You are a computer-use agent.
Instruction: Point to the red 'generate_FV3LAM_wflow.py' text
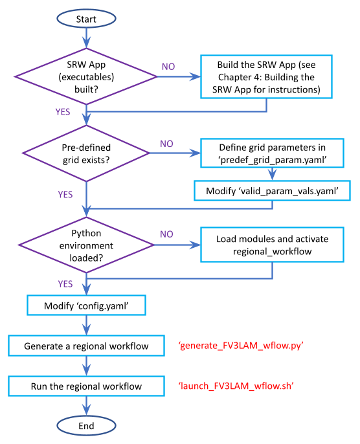(x=241, y=346)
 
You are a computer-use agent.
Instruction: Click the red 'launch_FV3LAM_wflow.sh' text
(x=236, y=386)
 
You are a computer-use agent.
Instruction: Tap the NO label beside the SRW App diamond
(x=168, y=67)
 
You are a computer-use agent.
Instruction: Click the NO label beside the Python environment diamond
(x=166, y=234)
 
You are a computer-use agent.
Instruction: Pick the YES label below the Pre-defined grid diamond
(x=65, y=195)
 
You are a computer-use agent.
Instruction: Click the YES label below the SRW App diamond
(x=63, y=112)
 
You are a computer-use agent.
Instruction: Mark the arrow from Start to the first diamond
(x=86, y=38)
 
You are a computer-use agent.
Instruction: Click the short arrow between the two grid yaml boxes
(x=272, y=174)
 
